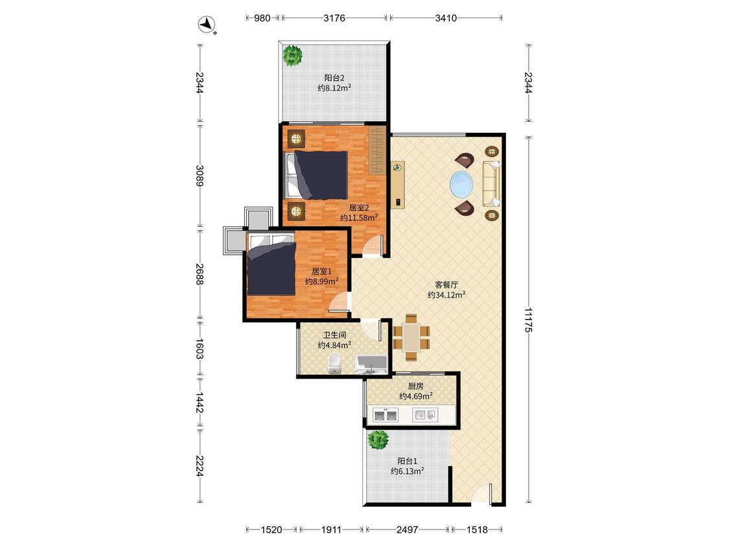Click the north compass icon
(x=207, y=25)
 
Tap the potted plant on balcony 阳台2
(x=292, y=55)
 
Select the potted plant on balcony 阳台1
(x=378, y=439)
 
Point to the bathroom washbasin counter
(x=371, y=365)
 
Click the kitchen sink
(x=426, y=415)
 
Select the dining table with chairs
(x=411, y=337)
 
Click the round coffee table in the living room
(x=461, y=184)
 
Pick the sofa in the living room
(x=491, y=183)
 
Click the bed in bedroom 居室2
(x=316, y=175)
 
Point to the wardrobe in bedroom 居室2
(x=378, y=150)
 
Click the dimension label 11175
(x=527, y=320)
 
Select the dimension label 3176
(x=334, y=18)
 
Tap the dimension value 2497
(x=408, y=530)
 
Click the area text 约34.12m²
(x=446, y=295)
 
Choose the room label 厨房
(x=415, y=386)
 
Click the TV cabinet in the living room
(x=397, y=185)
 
